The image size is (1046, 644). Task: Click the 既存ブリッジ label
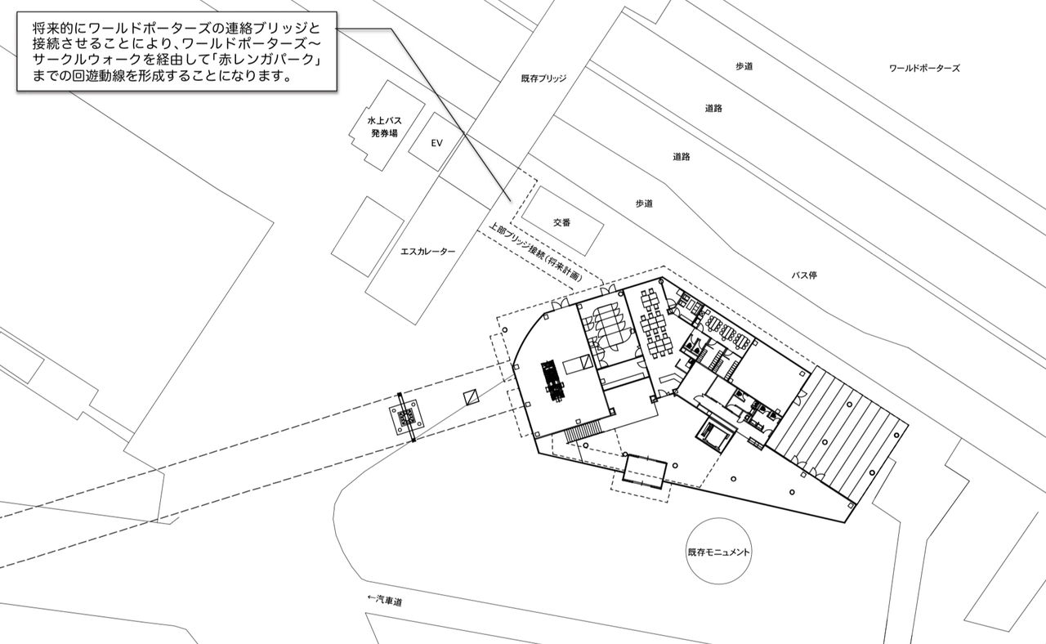pos(543,79)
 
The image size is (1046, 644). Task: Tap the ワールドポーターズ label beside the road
pos(923,69)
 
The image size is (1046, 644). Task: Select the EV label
pos(436,143)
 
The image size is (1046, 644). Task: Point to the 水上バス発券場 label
pos(384,127)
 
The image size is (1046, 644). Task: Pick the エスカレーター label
pos(428,252)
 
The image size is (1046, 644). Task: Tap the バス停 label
pos(804,275)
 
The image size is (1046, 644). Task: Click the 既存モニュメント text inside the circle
pos(719,552)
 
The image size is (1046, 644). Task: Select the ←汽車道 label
pos(386,602)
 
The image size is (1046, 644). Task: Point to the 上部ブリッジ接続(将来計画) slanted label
pos(536,253)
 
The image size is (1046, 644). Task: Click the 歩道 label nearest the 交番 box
pos(644,203)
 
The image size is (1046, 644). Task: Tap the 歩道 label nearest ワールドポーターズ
pos(744,66)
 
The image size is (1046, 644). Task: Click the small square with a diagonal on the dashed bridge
pos(472,397)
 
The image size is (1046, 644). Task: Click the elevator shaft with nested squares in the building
pos(712,436)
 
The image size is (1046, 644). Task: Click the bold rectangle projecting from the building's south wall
pos(645,472)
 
